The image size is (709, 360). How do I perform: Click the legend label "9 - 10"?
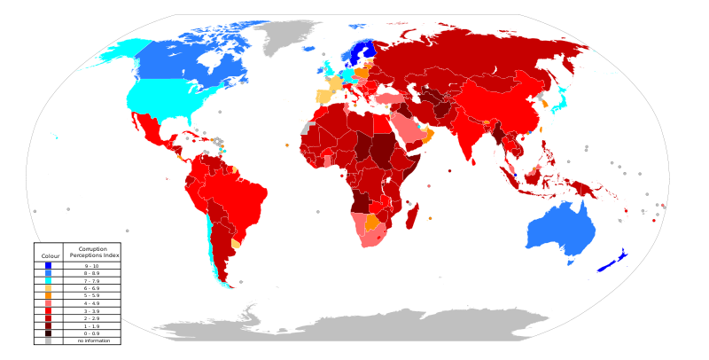click(92, 266)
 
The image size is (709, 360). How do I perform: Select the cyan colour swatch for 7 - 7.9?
click(48, 281)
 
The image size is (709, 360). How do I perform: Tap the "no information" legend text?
click(92, 340)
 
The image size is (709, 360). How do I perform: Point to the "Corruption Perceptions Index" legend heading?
click(92, 253)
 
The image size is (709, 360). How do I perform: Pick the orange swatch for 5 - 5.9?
click(48, 296)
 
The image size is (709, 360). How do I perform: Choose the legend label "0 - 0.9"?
click(92, 333)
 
